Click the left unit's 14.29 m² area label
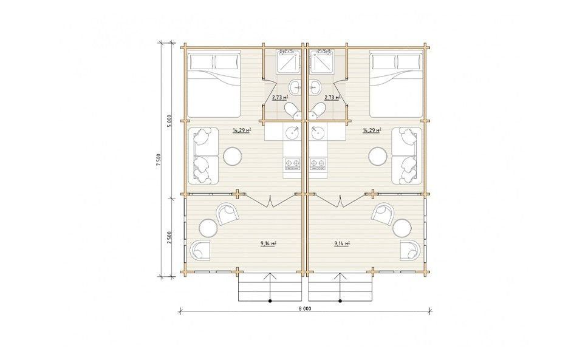(242, 131)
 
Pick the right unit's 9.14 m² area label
(342, 243)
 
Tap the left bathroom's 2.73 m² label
(280, 97)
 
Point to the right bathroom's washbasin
(315, 87)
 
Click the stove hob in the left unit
(292, 163)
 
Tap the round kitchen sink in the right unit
(318, 133)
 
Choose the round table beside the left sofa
(233, 156)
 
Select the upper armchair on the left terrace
(227, 214)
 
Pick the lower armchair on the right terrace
(411, 250)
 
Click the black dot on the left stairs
(270, 301)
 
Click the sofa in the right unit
(408, 156)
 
